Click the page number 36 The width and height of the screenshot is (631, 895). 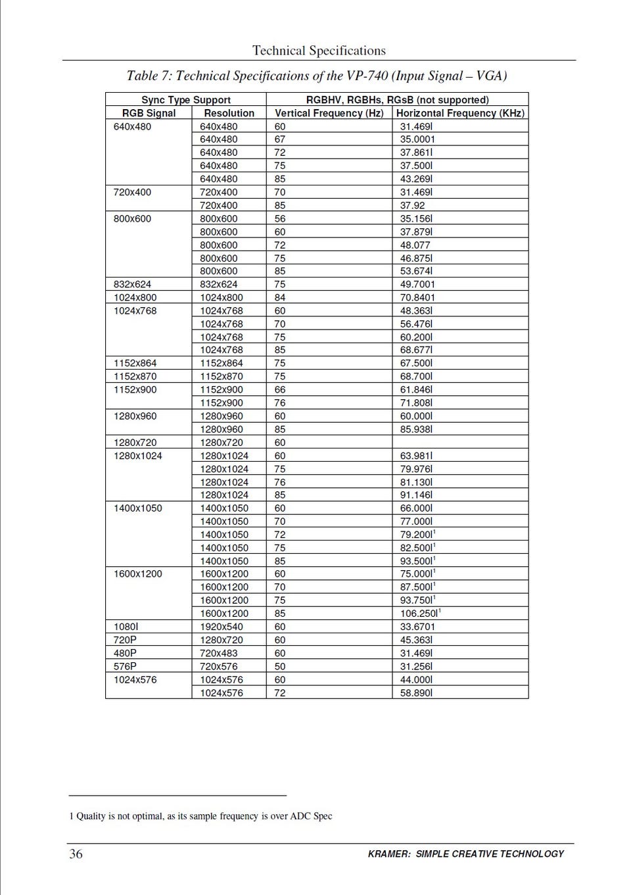(76, 854)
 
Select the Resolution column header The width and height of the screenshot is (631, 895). (229, 113)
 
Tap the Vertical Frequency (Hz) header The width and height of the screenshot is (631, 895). (329, 113)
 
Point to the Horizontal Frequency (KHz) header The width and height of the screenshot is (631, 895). (460, 113)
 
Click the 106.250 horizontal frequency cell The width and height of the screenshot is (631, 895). (419, 614)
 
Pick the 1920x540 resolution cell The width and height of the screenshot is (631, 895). (222, 627)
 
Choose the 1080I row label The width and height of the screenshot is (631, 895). (126, 627)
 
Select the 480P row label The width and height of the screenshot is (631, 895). (125, 653)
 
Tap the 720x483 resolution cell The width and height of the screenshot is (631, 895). (219, 653)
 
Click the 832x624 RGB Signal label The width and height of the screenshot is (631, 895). (132, 284)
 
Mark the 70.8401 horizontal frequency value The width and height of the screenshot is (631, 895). (417, 297)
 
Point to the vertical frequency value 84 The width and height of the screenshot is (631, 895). (280, 297)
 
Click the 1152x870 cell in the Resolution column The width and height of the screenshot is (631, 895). (222, 376)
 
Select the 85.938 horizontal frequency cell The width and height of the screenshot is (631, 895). (416, 429)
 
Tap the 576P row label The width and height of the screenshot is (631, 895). (125, 666)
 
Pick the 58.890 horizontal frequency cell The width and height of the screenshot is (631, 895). (416, 693)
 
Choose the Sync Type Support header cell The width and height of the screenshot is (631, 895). (186, 100)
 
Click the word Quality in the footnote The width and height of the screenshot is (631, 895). (91, 816)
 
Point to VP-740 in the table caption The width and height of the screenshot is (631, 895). (367, 76)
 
